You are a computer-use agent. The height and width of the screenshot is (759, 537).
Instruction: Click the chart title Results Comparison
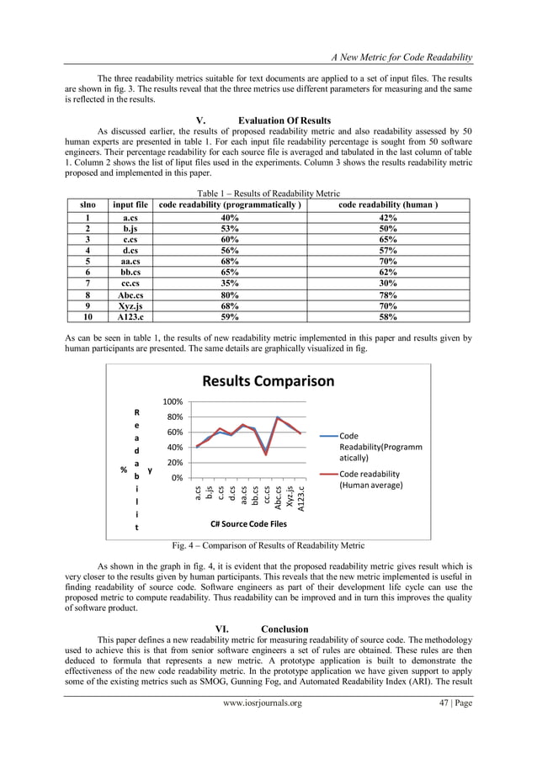pyautogui.click(x=268, y=381)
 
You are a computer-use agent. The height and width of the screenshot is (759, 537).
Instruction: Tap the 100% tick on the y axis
pyautogui.click(x=173, y=402)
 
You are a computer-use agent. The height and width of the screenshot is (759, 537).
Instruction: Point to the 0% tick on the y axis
pyautogui.click(x=177, y=478)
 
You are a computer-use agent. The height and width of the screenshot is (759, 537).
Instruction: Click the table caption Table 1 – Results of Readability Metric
pyautogui.click(x=268, y=193)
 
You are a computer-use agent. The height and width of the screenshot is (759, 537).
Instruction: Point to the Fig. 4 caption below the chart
pyautogui.click(x=268, y=545)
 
